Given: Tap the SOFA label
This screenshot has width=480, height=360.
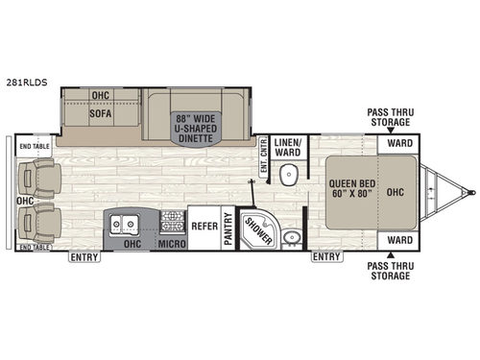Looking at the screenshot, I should click(x=101, y=111).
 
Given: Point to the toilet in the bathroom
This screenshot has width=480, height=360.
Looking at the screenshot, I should click(x=288, y=174).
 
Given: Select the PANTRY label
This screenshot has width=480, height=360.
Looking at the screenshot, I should click(x=228, y=229).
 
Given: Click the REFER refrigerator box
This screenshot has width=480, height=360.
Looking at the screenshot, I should click(x=203, y=229).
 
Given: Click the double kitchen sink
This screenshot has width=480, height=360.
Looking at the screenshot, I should click(x=126, y=227).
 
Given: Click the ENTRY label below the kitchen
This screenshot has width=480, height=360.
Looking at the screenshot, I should click(x=84, y=258).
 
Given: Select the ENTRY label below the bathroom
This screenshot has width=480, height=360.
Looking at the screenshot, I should click(x=326, y=257).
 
